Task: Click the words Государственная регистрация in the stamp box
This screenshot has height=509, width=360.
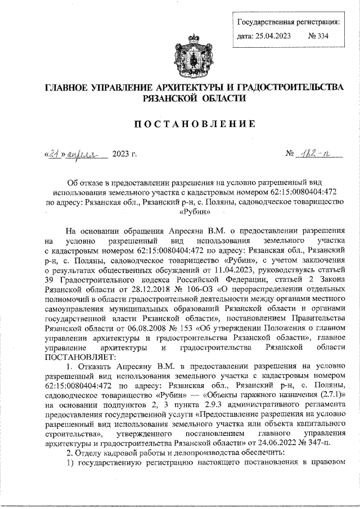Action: pyautogui.click(x=287, y=22)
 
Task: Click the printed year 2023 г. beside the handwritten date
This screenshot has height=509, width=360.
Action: pyautogui.click(x=125, y=154)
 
